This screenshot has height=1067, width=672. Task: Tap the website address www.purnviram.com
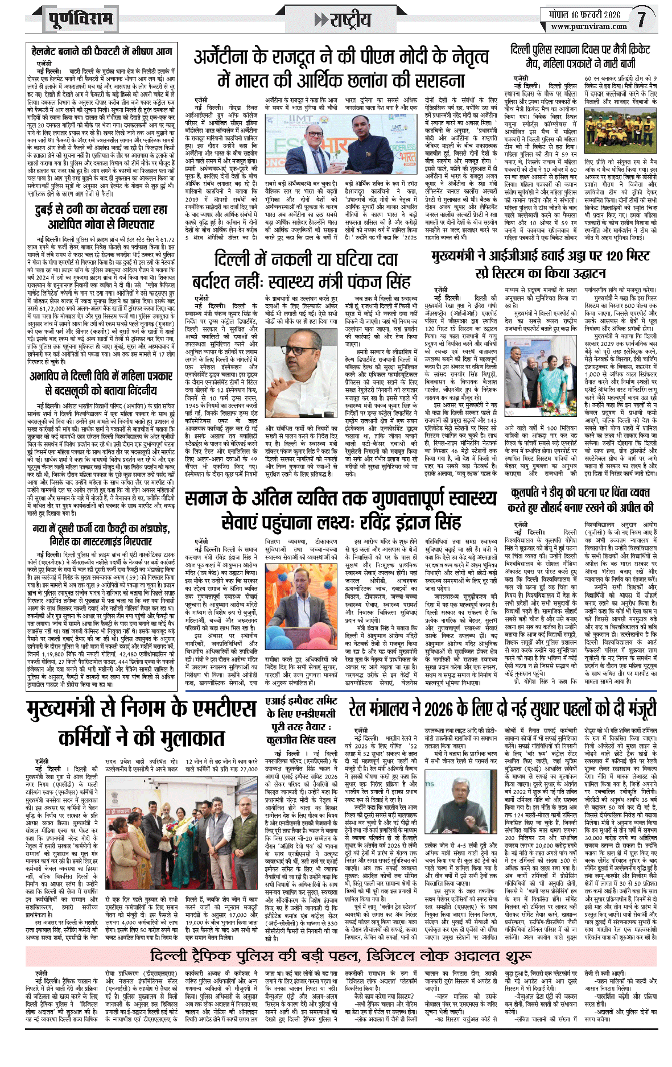click(589, 26)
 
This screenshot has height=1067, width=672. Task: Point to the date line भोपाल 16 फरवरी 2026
click(584, 14)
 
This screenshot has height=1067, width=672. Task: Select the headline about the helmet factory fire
click(101, 52)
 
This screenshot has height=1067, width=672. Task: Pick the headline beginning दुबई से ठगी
click(101, 217)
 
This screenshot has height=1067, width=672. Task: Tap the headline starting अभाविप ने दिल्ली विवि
click(101, 383)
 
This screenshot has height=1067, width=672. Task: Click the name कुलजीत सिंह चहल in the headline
click(301, 739)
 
